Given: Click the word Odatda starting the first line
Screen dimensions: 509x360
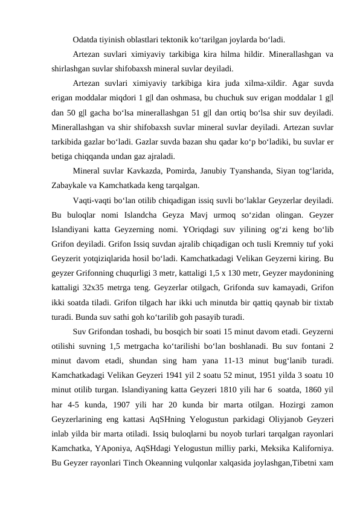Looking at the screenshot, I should coord(86,41).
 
